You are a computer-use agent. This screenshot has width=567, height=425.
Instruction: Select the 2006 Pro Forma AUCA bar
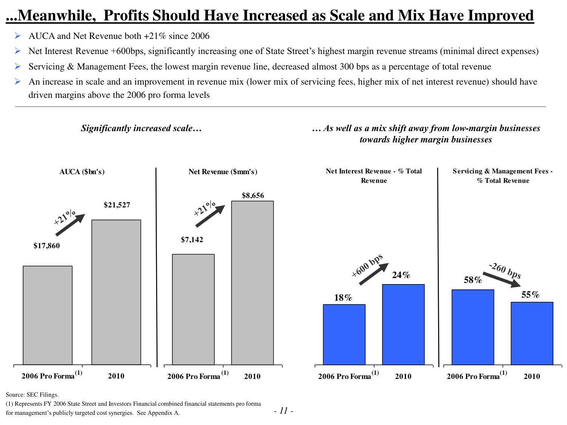click(x=48, y=315)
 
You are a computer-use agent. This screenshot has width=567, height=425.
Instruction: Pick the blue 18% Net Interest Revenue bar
click(x=344, y=334)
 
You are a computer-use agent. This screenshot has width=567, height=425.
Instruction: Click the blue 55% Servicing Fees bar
click(x=532, y=333)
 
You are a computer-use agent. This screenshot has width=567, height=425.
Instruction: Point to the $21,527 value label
click(x=117, y=205)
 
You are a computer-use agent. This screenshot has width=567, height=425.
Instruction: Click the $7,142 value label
click(x=192, y=240)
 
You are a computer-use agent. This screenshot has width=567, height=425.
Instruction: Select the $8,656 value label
click(x=253, y=196)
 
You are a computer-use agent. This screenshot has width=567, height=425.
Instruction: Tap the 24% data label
click(x=401, y=275)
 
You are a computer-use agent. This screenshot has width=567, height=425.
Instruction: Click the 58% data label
click(x=473, y=280)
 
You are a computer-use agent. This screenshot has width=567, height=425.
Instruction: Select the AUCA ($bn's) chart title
click(x=82, y=172)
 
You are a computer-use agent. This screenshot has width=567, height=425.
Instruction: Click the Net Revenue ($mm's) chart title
click(x=223, y=172)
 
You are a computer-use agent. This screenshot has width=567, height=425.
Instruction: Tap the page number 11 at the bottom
click(x=283, y=411)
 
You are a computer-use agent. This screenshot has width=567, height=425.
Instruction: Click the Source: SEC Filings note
click(x=32, y=395)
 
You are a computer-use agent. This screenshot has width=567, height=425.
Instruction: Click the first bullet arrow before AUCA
click(x=17, y=36)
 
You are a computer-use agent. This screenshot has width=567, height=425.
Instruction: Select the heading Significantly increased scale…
click(x=141, y=128)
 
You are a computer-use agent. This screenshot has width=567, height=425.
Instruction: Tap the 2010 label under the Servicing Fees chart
click(x=531, y=376)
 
